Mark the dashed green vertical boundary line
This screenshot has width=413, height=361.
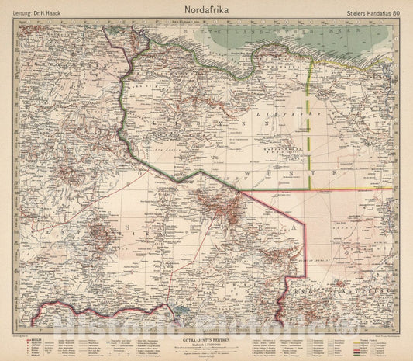(x=311, y=124)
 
